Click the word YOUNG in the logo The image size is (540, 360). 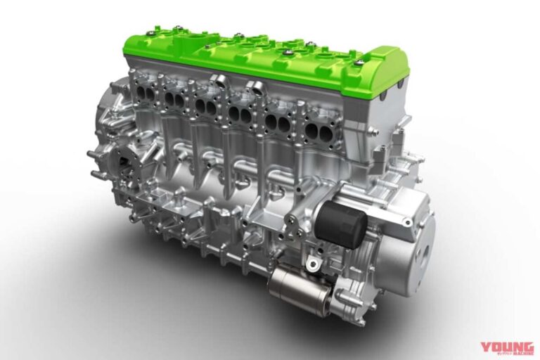[506, 347]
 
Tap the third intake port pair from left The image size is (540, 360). [207, 106]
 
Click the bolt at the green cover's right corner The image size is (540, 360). [359, 64]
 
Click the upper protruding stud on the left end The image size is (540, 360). [93, 154]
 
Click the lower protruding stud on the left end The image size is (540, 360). [94, 174]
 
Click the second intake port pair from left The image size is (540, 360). [175, 98]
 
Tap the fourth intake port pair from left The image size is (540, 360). [240, 113]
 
